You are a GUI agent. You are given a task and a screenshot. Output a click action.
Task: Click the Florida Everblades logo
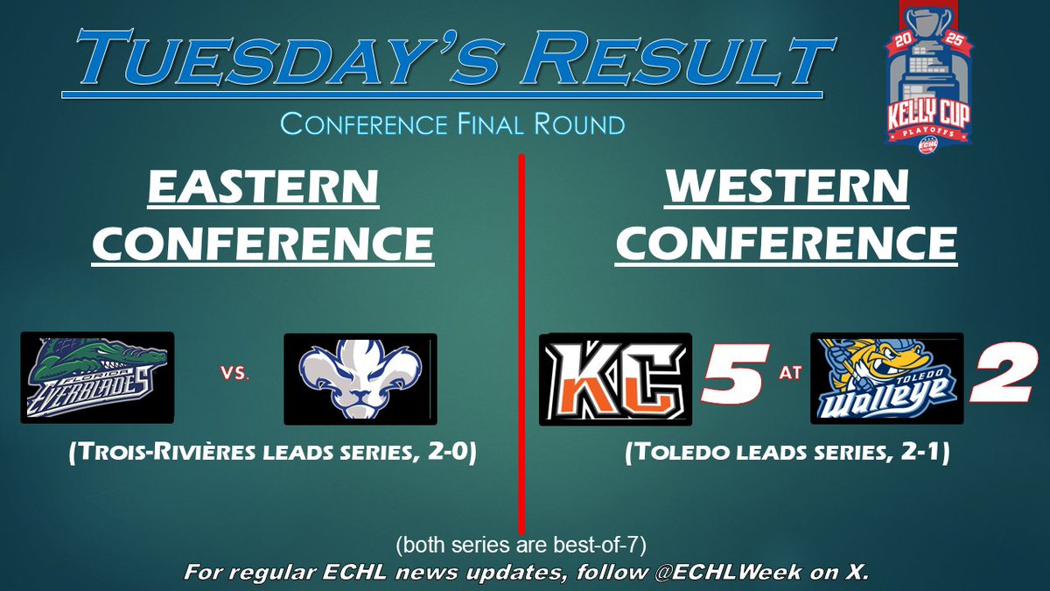pyautogui.click(x=97, y=377)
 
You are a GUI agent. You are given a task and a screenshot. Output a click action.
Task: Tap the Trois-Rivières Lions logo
pyautogui.click(x=360, y=377)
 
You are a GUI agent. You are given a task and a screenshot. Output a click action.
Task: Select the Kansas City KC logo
pyautogui.click(x=615, y=378)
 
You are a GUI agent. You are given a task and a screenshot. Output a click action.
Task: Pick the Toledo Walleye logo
pyautogui.click(x=886, y=378)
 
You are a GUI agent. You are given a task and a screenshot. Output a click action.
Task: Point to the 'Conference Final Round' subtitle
pyautogui.click(x=452, y=123)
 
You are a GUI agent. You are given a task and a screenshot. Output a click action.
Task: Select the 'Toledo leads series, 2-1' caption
pyautogui.click(x=787, y=455)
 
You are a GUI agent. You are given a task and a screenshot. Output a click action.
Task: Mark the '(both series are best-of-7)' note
pyautogui.click(x=521, y=545)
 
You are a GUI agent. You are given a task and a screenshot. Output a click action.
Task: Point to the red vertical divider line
pyautogui.click(x=521, y=350)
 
